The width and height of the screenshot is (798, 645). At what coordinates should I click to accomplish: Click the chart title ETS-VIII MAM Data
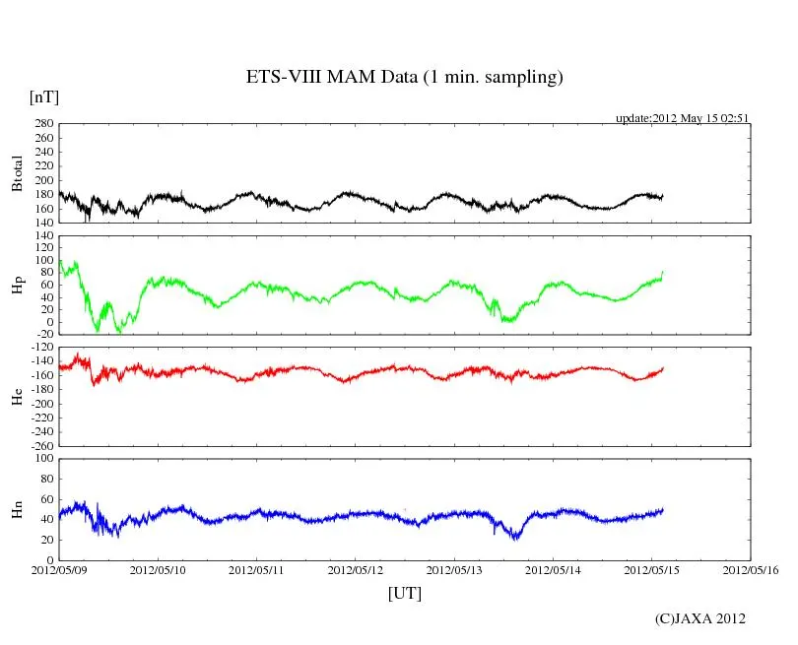[404, 78]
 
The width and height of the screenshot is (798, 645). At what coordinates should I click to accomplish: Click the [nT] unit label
[44, 97]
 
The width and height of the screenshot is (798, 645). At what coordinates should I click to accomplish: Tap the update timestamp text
[683, 117]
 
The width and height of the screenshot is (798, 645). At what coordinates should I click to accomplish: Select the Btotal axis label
[17, 173]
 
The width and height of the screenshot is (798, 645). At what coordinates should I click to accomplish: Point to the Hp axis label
[17, 286]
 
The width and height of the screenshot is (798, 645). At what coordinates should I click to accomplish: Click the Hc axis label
[17, 396]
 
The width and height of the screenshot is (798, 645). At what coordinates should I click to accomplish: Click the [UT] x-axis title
[405, 594]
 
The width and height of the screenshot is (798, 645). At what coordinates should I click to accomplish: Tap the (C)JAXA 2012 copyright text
[700, 618]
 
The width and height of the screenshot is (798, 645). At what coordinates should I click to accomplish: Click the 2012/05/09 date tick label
[59, 569]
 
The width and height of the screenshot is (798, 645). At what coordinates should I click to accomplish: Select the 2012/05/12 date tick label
[356, 569]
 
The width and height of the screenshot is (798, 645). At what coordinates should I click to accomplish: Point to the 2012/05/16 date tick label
[751, 569]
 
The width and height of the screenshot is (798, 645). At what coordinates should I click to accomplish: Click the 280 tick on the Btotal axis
[43, 124]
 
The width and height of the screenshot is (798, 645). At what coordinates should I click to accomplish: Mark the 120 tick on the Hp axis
[43, 235]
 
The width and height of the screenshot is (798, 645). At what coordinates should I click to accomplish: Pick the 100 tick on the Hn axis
[43, 459]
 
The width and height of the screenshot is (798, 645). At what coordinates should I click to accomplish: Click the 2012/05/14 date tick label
[554, 569]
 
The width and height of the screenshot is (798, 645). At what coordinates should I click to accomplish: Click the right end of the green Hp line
[663, 272]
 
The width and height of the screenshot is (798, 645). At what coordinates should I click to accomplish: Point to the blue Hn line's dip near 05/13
[515, 537]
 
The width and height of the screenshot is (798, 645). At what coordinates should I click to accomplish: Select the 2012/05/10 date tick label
[159, 569]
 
